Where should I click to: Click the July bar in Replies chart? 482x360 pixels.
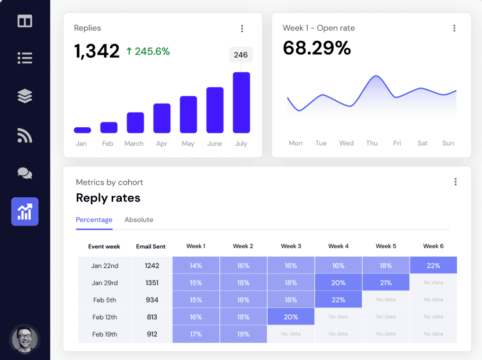[x=241, y=103]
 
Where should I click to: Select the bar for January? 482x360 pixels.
[x=82, y=130]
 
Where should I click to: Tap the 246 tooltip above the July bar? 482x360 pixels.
[x=241, y=55]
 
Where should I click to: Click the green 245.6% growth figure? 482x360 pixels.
[x=148, y=51]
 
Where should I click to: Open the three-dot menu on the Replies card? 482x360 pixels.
[x=242, y=28]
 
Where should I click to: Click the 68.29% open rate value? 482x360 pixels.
[x=317, y=48]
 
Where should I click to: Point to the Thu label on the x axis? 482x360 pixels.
[x=372, y=143]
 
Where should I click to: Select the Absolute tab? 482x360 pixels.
[x=139, y=220]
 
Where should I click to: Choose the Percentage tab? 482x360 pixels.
[x=94, y=220]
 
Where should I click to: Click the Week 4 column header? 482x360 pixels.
[x=338, y=246]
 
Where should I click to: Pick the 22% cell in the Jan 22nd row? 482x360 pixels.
[x=433, y=265]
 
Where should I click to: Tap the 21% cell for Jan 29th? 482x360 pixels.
[x=385, y=282]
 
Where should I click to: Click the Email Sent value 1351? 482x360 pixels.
[x=152, y=282]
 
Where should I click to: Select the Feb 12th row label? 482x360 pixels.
[x=104, y=317]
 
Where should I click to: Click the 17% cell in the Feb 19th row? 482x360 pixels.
[x=196, y=334]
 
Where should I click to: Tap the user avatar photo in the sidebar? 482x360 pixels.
[x=25, y=339]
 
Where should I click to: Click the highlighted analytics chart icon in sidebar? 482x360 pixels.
[x=25, y=211]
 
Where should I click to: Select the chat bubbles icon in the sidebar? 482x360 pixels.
[x=25, y=173]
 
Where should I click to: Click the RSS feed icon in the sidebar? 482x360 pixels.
[x=25, y=135]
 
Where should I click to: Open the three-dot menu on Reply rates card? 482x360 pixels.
[x=455, y=182]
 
